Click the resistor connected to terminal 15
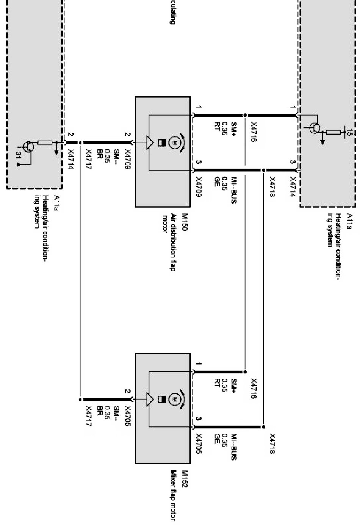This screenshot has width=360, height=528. point(334,132)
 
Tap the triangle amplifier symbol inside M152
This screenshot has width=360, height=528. point(149,399)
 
